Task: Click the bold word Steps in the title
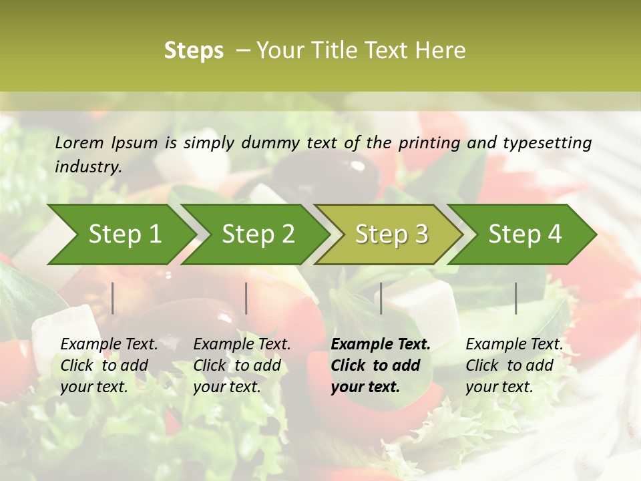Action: coord(194,51)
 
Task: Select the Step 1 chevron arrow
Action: coord(124,234)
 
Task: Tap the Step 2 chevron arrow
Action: coord(258,234)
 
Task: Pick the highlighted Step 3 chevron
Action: coord(391,234)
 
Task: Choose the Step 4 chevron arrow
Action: coord(525,234)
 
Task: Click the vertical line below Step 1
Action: coord(113,298)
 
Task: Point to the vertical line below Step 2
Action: coord(246,298)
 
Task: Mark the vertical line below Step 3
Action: coord(381,298)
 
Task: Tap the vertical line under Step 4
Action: coord(516,298)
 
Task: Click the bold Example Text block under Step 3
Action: coord(381,365)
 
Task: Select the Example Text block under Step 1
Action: coord(109,365)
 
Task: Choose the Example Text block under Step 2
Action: coord(242,365)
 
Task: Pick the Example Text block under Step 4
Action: coord(514,365)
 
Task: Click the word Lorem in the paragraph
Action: coord(79,142)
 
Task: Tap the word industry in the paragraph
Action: coord(88,167)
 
